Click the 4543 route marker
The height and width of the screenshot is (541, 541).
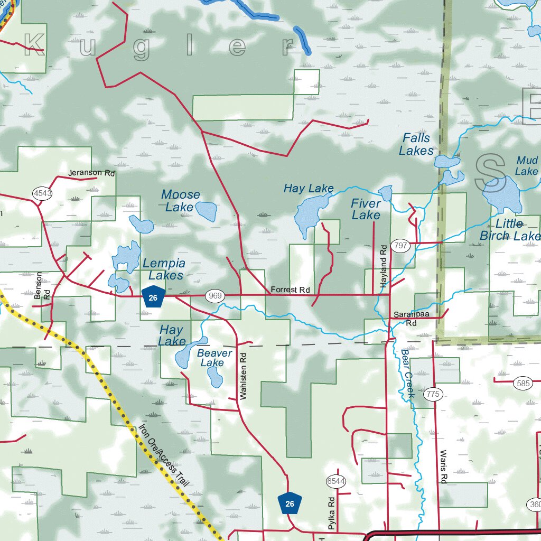[42, 193]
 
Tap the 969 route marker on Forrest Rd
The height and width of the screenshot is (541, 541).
[216, 295]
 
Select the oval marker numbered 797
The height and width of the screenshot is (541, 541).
[401, 246]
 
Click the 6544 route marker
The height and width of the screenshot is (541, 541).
[336, 481]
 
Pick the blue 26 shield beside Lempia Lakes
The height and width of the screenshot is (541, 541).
[153, 297]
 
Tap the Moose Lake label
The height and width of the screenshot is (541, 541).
[181, 201]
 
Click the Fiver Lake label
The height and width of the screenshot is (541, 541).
[366, 209]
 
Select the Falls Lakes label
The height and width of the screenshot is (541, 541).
[416, 144]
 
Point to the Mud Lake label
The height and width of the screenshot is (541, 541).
[527, 165]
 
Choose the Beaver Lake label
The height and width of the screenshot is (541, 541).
[214, 358]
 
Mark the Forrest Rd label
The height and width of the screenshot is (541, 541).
[290, 290]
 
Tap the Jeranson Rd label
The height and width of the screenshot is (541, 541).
[91, 173]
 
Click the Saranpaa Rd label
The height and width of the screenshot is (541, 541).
[411, 319]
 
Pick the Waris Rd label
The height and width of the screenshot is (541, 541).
[443, 467]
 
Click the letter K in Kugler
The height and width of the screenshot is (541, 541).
[34, 46]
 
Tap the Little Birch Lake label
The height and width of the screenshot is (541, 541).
[510, 229]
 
